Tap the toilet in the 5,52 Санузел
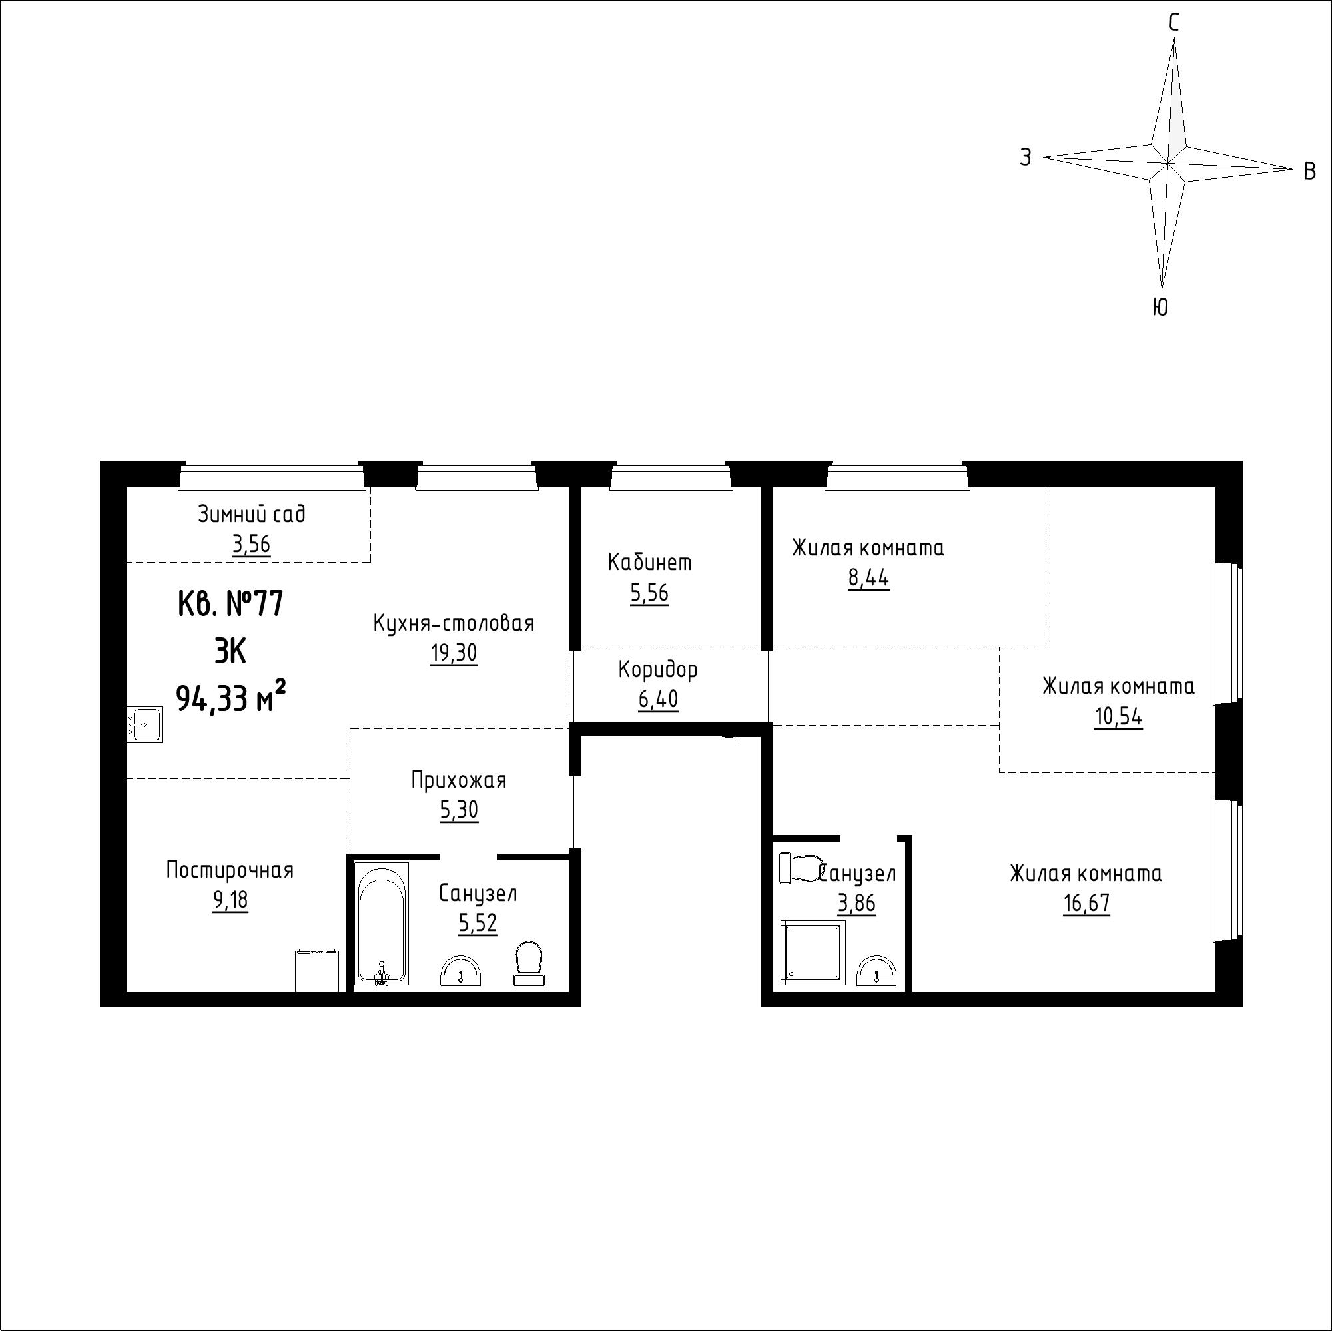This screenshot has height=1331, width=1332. coord(529,963)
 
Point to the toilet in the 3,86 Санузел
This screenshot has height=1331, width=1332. coord(800,868)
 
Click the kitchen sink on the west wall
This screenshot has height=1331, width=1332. coord(144,725)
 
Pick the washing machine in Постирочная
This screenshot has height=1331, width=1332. coord(317,971)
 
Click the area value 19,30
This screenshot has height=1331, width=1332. coord(454,652)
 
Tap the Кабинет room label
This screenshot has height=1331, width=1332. coord(649,563)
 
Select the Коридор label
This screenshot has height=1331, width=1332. coord(658,669)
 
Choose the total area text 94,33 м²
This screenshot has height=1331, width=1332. coord(232,698)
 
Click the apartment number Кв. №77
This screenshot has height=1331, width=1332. coord(230,605)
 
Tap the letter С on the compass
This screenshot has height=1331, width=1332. coord(1173,23)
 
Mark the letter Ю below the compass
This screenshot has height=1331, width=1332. coord(1160,308)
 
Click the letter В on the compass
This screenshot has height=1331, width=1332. coord(1310,171)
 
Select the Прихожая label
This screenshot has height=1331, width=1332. coord(458,780)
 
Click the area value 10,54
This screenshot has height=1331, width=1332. coord(1118,718)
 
